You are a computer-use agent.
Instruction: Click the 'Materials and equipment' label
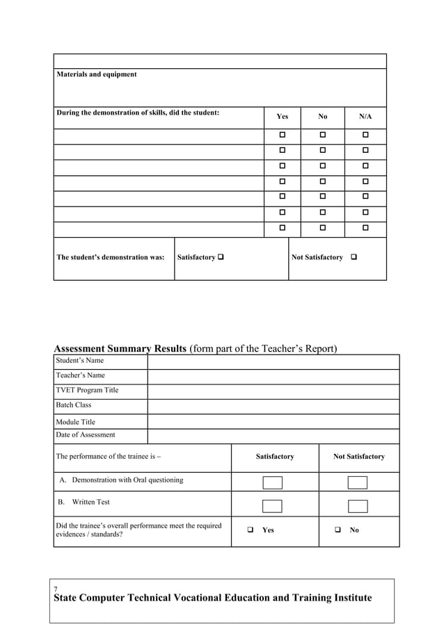click(x=97, y=74)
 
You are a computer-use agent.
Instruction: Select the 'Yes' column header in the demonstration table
click(x=282, y=117)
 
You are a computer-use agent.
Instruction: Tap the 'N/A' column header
click(x=365, y=117)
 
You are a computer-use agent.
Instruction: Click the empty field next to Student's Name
click(x=273, y=361)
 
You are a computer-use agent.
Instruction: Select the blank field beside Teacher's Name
click(x=273, y=376)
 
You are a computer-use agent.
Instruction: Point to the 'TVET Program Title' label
click(x=87, y=391)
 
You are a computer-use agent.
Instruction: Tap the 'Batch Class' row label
click(x=74, y=405)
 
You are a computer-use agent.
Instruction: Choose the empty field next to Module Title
click(x=273, y=421)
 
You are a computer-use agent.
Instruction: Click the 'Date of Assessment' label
click(x=86, y=435)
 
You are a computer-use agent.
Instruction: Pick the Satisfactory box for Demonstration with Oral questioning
click(x=272, y=482)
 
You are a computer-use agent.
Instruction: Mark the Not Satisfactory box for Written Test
click(x=358, y=506)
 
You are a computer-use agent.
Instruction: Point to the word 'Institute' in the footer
click(x=344, y=598)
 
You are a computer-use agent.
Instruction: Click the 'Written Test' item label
click(x=90, y=502)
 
